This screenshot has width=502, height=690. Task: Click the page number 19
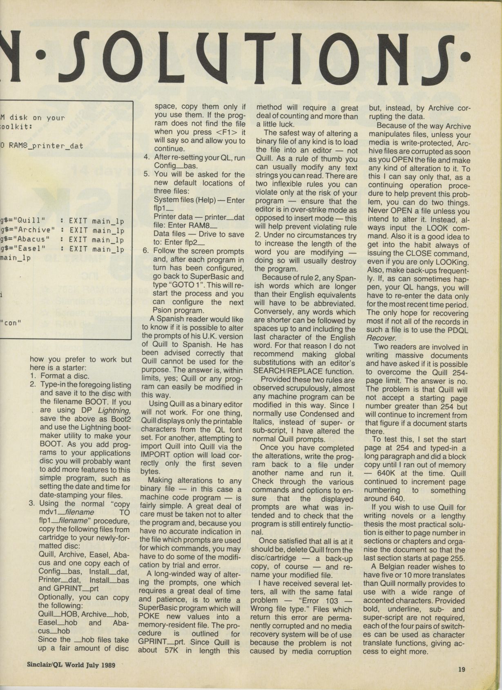click(462, 670)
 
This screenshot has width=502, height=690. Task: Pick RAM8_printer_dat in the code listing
click(48, 145)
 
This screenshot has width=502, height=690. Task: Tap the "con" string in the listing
click(11, 323)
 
